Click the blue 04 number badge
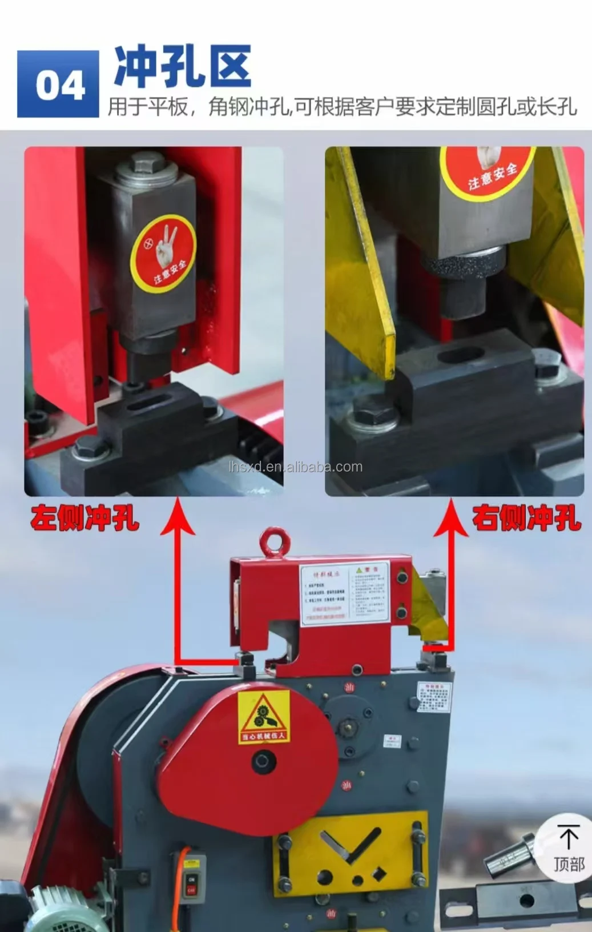58,84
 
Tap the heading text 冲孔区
182,67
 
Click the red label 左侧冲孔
85,519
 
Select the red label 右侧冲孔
526,519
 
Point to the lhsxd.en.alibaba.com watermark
295,467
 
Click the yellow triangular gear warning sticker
263,717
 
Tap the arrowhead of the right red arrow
451,517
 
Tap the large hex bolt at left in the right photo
374,410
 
